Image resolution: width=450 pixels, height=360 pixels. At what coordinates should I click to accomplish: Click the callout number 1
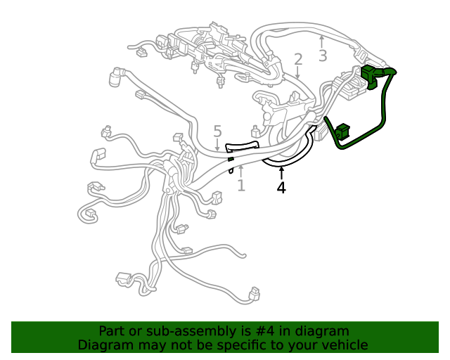(x=241, y=185)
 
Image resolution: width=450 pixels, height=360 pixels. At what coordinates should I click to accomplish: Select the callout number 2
(x=298, y=59)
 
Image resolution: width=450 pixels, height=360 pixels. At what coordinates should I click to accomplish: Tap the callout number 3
(x=322, y=55)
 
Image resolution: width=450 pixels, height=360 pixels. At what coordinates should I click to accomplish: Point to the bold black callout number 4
(x=281, y=188)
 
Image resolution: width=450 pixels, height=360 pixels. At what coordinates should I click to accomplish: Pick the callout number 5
(x=217, y=131)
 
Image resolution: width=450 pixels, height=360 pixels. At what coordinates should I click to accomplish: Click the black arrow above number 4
(x=281, y=172)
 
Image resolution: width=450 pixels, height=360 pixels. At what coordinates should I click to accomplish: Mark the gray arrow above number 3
(x=322, y=40)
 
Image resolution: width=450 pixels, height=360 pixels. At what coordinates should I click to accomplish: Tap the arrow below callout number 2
(x=298, y=72)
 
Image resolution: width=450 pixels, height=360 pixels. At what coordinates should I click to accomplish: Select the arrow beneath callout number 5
(x=217, y=144)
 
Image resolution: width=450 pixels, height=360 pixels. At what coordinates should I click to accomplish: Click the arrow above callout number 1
(x=241, y=169)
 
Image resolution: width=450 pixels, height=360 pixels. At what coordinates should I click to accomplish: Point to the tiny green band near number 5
(x=231, y=160)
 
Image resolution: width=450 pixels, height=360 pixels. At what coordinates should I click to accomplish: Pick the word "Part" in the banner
(x=112, y=331)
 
